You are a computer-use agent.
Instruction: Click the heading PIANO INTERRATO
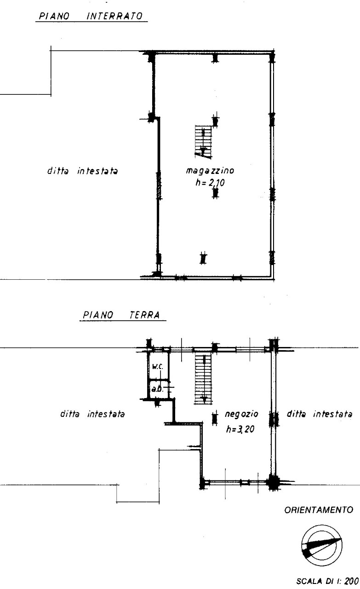pyautogui.click(x=91, y=16)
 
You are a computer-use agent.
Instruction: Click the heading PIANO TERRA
pyautogui.click(x=121, y=315)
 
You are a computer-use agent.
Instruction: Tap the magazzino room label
pyautogui.click(x=210, y=171)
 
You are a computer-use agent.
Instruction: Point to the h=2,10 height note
pyautogui.click(x=210, y=183)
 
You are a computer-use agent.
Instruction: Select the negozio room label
pyautogui.click(x=241, y=414)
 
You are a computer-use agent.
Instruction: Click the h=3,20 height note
pyautogui.click(x=240, y=429)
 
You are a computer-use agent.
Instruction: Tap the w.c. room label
pyautogui.click(x=158, y=367)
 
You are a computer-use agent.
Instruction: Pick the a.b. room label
pyautogui.click(x=157, y=389)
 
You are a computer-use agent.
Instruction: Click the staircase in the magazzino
pyautogui.click(x=203, y=142)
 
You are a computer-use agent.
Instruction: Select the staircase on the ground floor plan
pyautogui.click(x=203, y=379)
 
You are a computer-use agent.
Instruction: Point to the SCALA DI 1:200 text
pyautogui.click(x=327, y=581)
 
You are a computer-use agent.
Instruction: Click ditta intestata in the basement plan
pyautogui.click(x=82, y=171)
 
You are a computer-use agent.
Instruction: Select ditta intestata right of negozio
pyautogui.click(x=319, y=414)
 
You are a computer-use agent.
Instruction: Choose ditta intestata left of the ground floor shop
pyautogui.click(x=92, y=414)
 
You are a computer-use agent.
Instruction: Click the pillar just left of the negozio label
pyautogui.click(x=215, y=418)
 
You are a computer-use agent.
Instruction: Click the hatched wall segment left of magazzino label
pyautogui.click(x=159, y=185)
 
